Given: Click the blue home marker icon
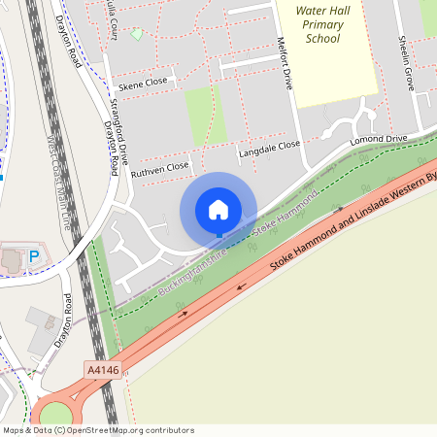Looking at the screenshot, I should [x=218, y=210].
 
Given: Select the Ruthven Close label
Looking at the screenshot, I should [x=159, y=167].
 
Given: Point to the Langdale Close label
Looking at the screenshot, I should [x=270, y=149].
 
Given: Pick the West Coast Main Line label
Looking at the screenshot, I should [x=58, y=180].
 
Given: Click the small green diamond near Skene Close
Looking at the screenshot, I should [x=137, y=35].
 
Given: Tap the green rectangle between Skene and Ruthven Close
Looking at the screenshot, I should [x=205, y=115].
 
